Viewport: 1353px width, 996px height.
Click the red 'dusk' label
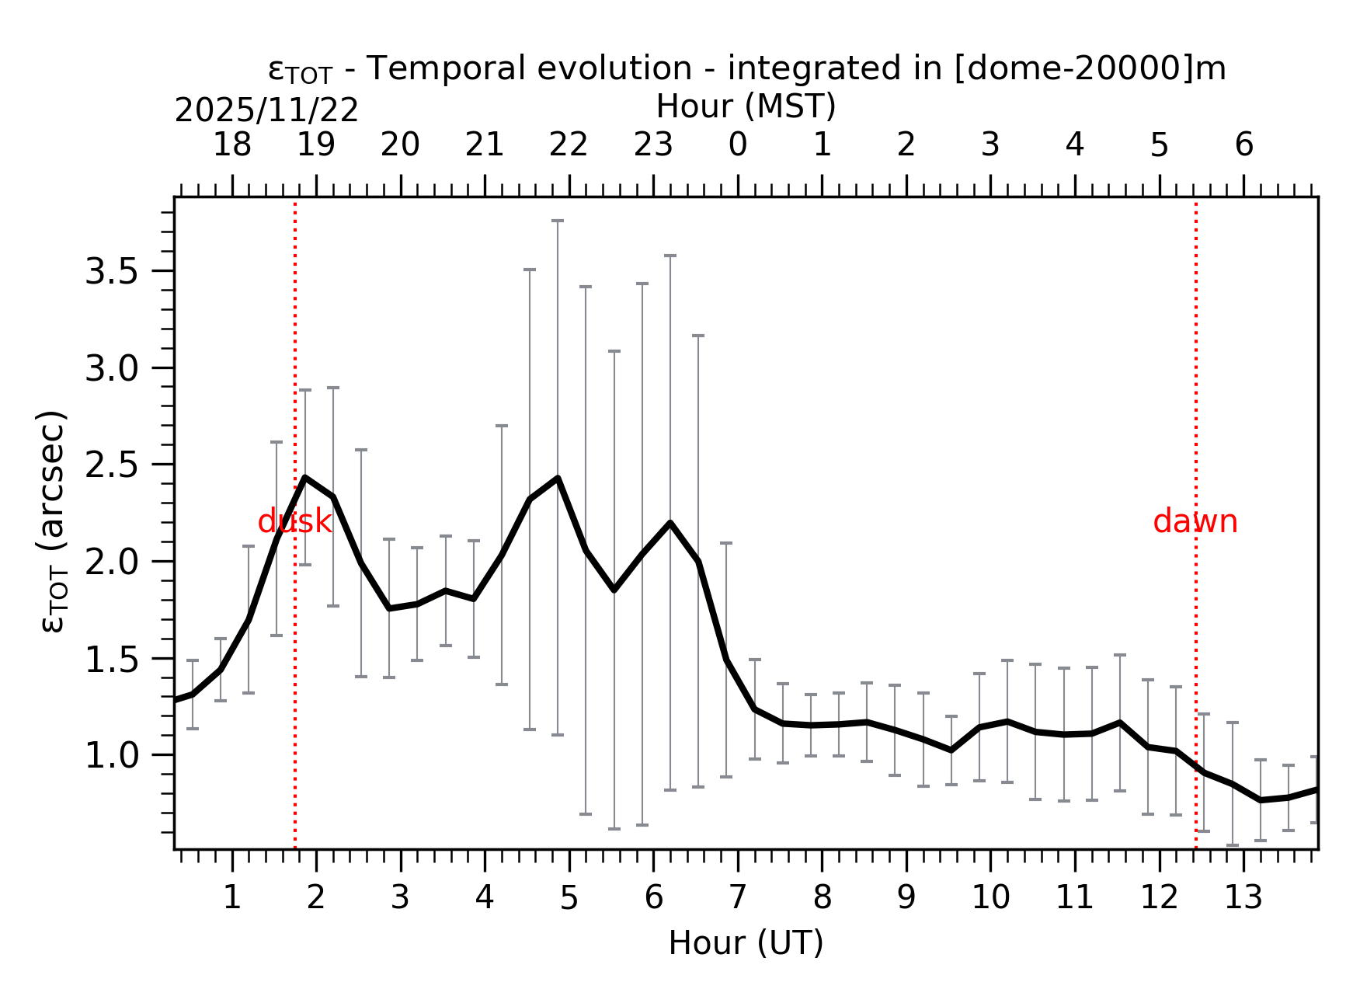pyautogui.click(x=294, y=522)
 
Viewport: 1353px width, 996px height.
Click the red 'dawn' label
pyautogui.click(x=1195, y=522)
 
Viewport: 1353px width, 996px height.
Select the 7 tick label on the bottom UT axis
pyautogui.click(x=737, y=898)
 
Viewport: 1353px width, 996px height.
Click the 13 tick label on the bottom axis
pyautogui.click(x=1243, y=898)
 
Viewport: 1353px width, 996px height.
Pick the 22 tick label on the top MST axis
pyautogui.click(x=569, y=145)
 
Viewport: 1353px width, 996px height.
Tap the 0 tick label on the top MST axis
pyautogui.click(x=737, y=145)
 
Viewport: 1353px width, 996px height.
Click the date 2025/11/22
pyautogui.click(x=266, y=111)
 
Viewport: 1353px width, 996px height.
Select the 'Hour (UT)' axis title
pyautogui.click(x=746, y=943)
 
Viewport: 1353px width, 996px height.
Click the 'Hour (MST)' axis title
pyautogui.click(x=746, y=106)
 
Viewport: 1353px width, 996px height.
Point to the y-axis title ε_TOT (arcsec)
pyautogui.click(x=53, y=522)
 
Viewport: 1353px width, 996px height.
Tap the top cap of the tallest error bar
pyautogui.click(x=558, y=221)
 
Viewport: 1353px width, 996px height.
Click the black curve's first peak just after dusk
pyautogui.click(x=305, y=477)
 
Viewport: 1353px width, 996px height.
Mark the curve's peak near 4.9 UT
pyautogui.click(x=558, y=478)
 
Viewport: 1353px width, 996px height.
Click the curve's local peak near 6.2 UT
pyautogui.click(x=670, y=523)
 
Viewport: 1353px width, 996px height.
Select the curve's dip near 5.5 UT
pyautogui.click(x=614, y=590)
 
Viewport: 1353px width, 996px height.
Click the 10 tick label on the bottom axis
pyautogui.click(x=990, y=898)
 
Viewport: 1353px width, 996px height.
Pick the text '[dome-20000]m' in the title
pyautogui.click(x=1089, y=69)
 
